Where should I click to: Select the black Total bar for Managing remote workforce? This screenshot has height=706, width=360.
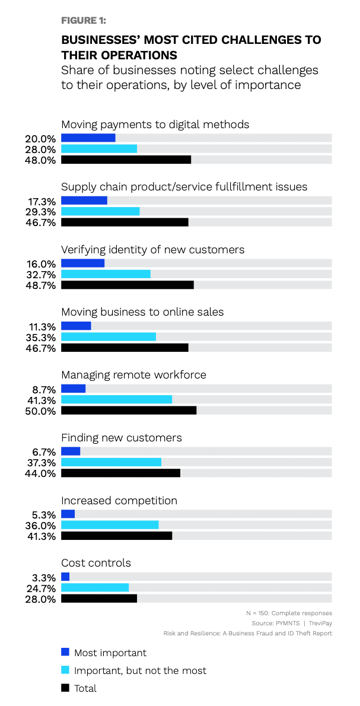(129, 411)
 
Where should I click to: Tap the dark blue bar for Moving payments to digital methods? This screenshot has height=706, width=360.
(88, 138)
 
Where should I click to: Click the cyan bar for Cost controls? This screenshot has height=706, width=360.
(95, 587)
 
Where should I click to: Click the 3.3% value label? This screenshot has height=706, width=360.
(46, 577)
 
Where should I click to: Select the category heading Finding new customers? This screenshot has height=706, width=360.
(122, 438)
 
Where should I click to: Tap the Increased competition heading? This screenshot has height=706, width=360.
(119, 501)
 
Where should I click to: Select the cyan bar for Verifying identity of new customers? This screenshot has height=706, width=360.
(106, 274)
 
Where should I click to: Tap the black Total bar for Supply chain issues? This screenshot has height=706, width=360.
(125, 222)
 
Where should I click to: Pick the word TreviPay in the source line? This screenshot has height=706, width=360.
(320, 623)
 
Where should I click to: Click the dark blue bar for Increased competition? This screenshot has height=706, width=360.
(68, 514)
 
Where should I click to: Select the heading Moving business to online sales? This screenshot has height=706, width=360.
(142, 312)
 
